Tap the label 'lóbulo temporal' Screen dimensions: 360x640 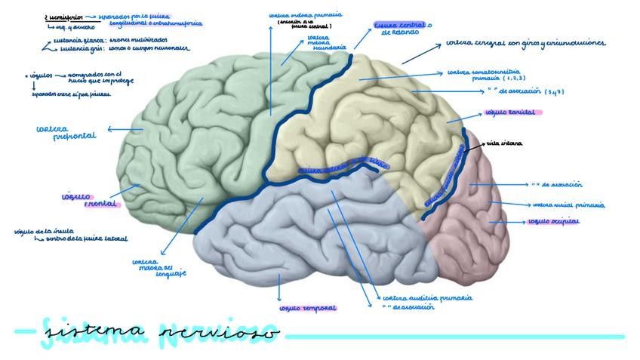tap(307, 309)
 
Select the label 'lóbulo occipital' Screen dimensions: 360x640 tap(555, 222)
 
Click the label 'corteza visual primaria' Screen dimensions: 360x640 tap(568, 205)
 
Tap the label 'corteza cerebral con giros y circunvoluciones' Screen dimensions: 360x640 tap(525, 44)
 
